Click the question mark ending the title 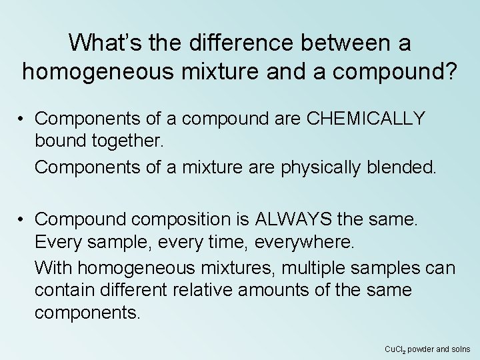pos(451,71)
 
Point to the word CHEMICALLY pos(357,119)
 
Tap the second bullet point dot pos(22,217)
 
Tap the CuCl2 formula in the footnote pos(396,349)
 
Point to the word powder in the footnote pos(422,349)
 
